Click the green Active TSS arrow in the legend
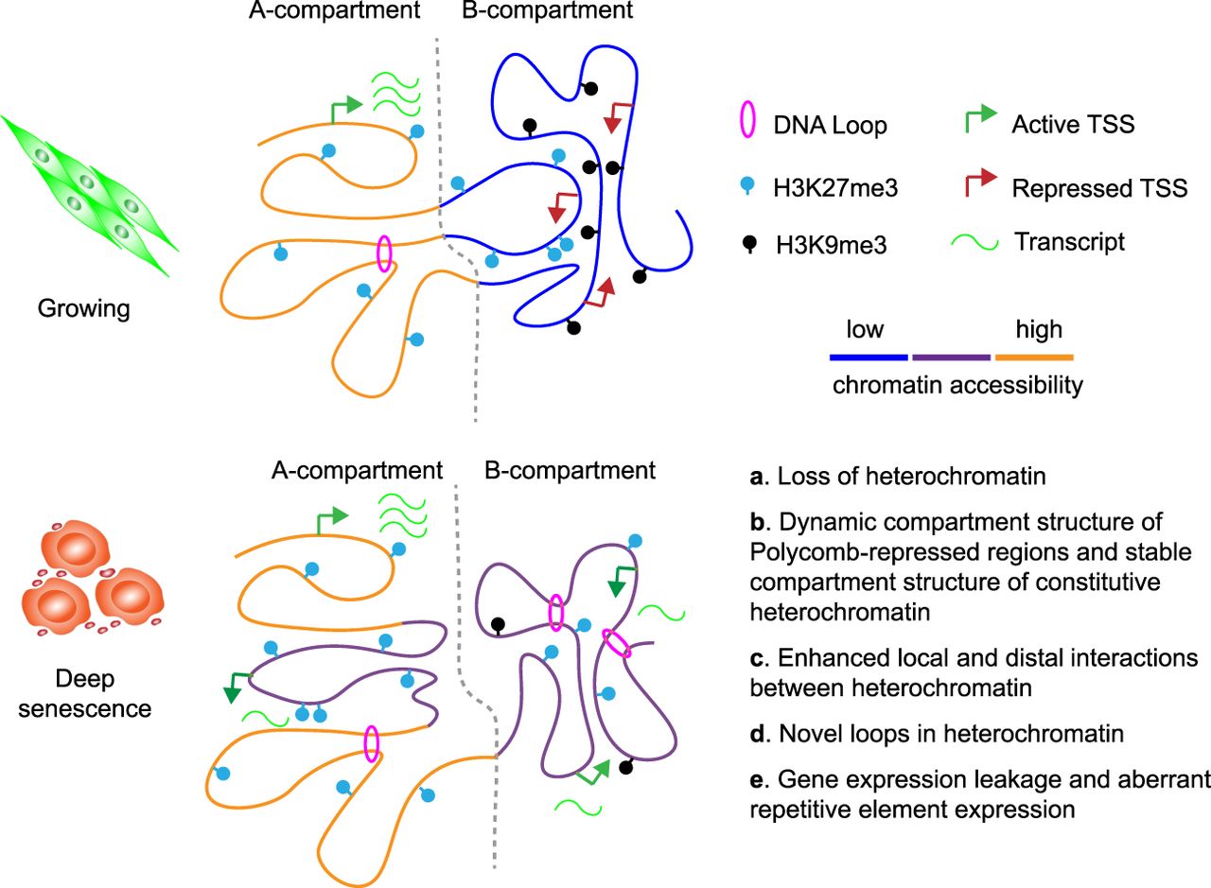click(977, 118)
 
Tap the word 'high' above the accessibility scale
click(1039, 330)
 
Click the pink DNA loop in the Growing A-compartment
click(384, 254)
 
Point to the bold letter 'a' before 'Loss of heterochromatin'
click(756, 477)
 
